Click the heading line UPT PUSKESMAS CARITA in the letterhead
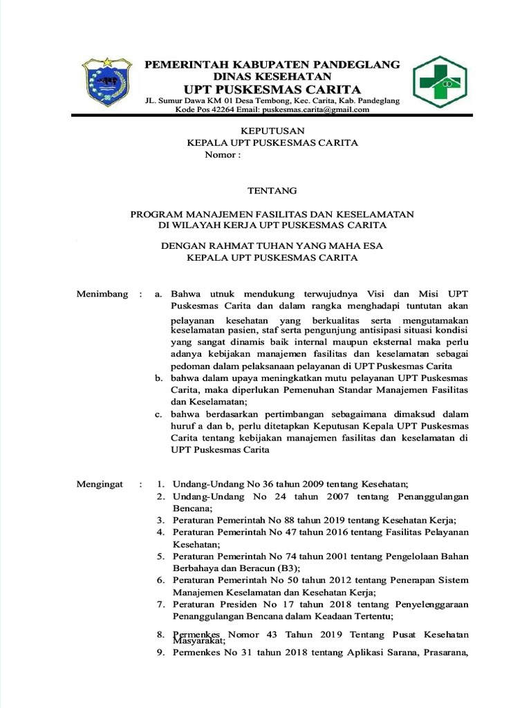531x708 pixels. point(272,89)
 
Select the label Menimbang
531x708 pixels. point(102,294)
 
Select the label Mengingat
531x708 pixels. point(100,484)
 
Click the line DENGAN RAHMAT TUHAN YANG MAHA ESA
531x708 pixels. point(272,245)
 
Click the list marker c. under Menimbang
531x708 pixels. point(158,414)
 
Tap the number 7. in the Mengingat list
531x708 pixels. point(160,604)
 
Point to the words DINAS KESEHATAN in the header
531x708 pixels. point(272,75)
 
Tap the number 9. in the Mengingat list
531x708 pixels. point(160,653)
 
